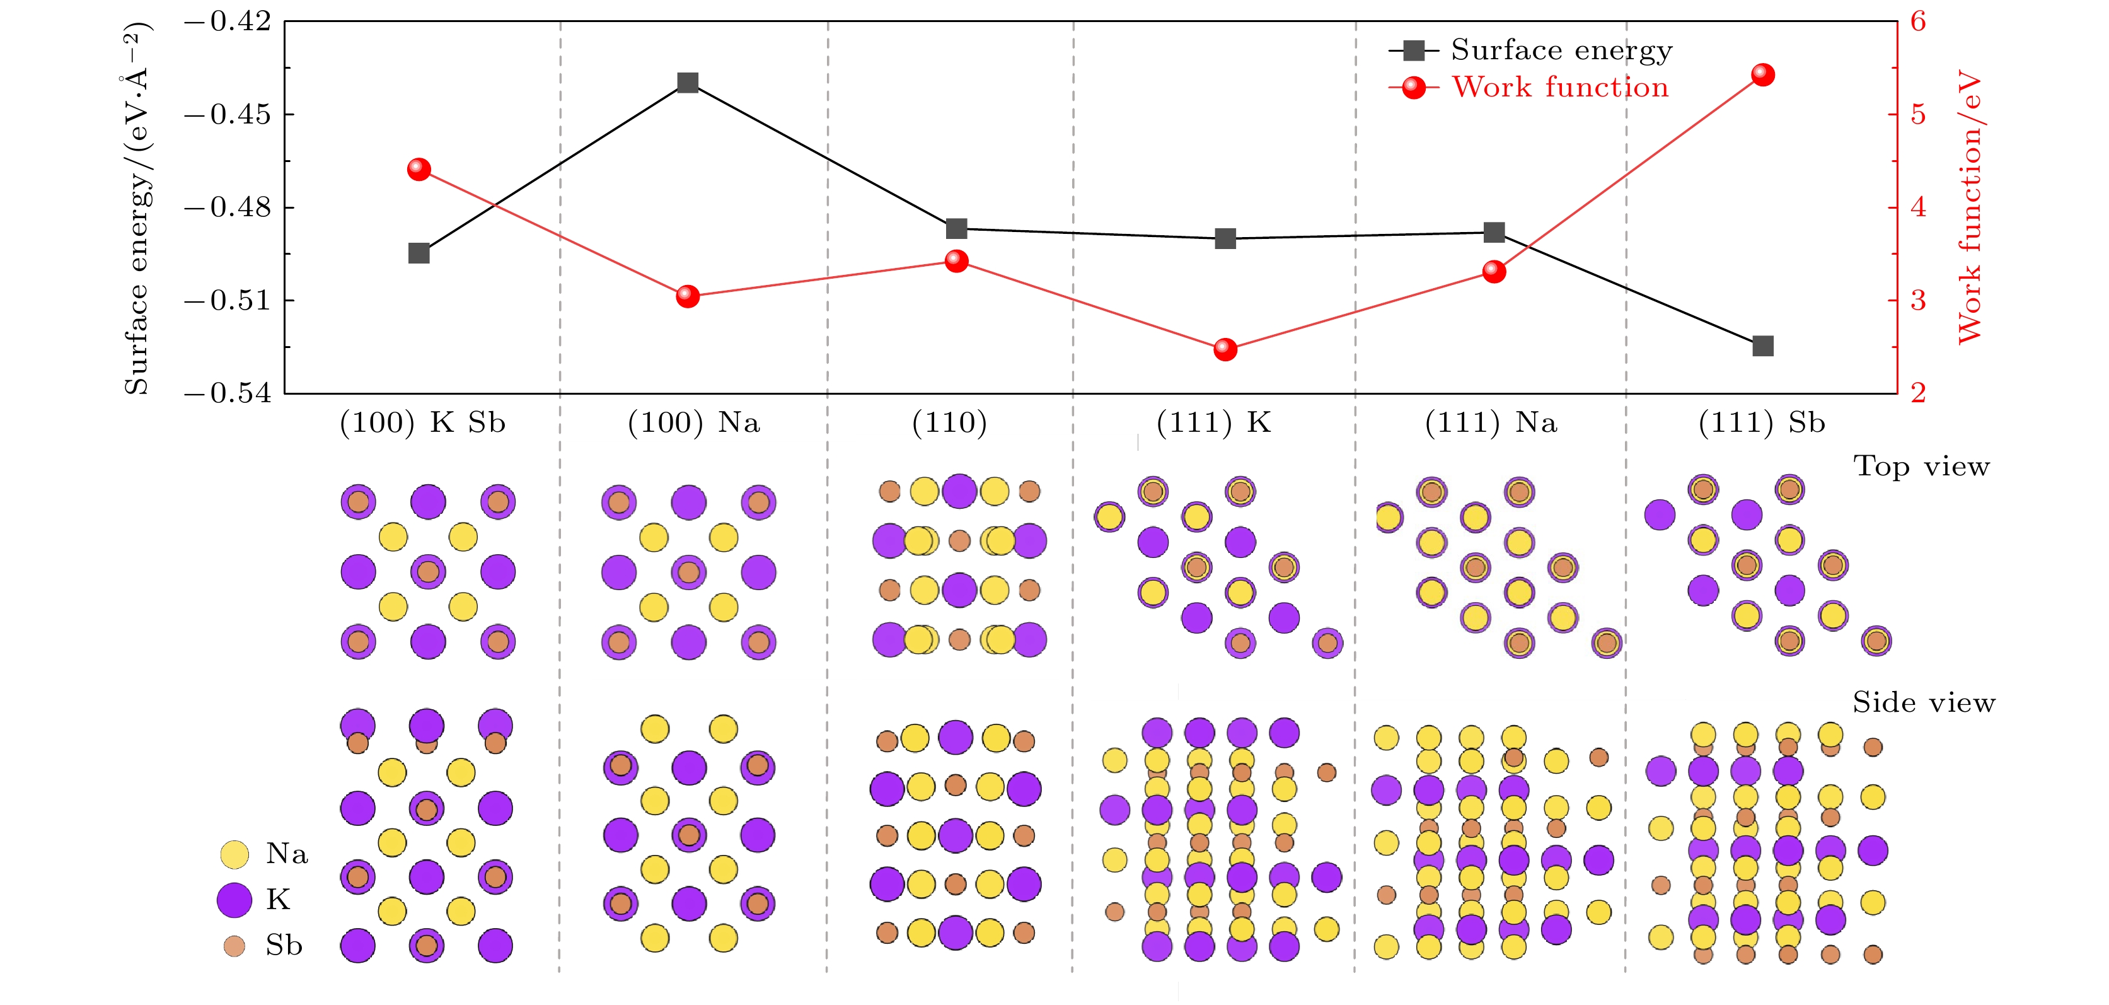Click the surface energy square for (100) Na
[688, 83]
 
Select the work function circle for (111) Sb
[1763, 76]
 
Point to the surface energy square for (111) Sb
[1763, 346]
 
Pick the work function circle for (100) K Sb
[419, 170]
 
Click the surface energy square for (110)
[956, 228]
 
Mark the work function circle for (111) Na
[1494, 271]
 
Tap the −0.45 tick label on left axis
[228, 115]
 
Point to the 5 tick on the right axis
[1918, 115]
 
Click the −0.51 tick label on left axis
[228, 301]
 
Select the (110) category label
[950, 422]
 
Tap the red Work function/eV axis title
[1969, 206]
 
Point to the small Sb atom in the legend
[234, 946]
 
